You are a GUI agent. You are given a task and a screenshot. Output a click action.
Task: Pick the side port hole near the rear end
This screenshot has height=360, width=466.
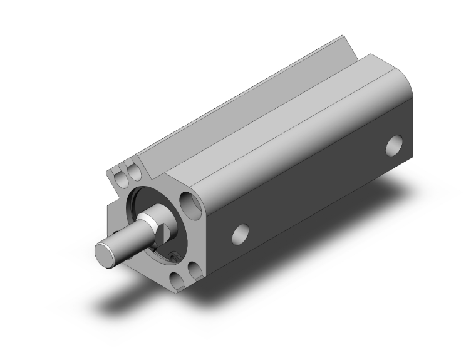pos(394,146)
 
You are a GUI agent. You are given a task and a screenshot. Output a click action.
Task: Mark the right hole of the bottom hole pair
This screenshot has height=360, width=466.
pos(194,269)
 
